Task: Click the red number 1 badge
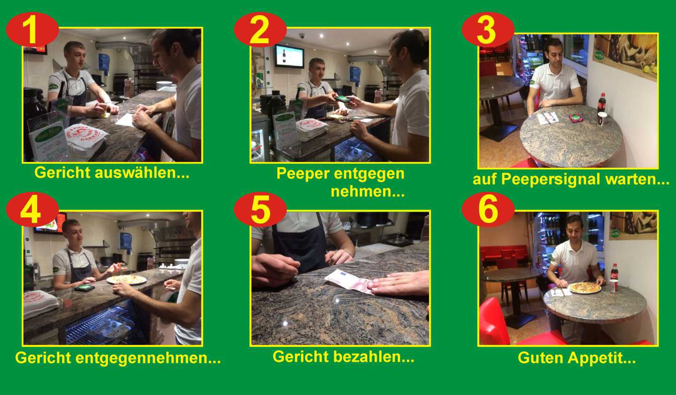32,30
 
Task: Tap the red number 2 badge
260,30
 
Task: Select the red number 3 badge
488,30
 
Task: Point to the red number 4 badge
32,209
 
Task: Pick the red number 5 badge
260,209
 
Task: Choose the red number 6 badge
488,209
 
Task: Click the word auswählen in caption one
142,173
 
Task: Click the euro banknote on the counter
349,281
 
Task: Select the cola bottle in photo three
601,103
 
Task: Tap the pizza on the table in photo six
584,287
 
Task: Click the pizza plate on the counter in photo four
126,279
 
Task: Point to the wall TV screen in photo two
289,56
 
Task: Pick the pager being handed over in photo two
343,99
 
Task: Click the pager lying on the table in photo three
576,118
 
